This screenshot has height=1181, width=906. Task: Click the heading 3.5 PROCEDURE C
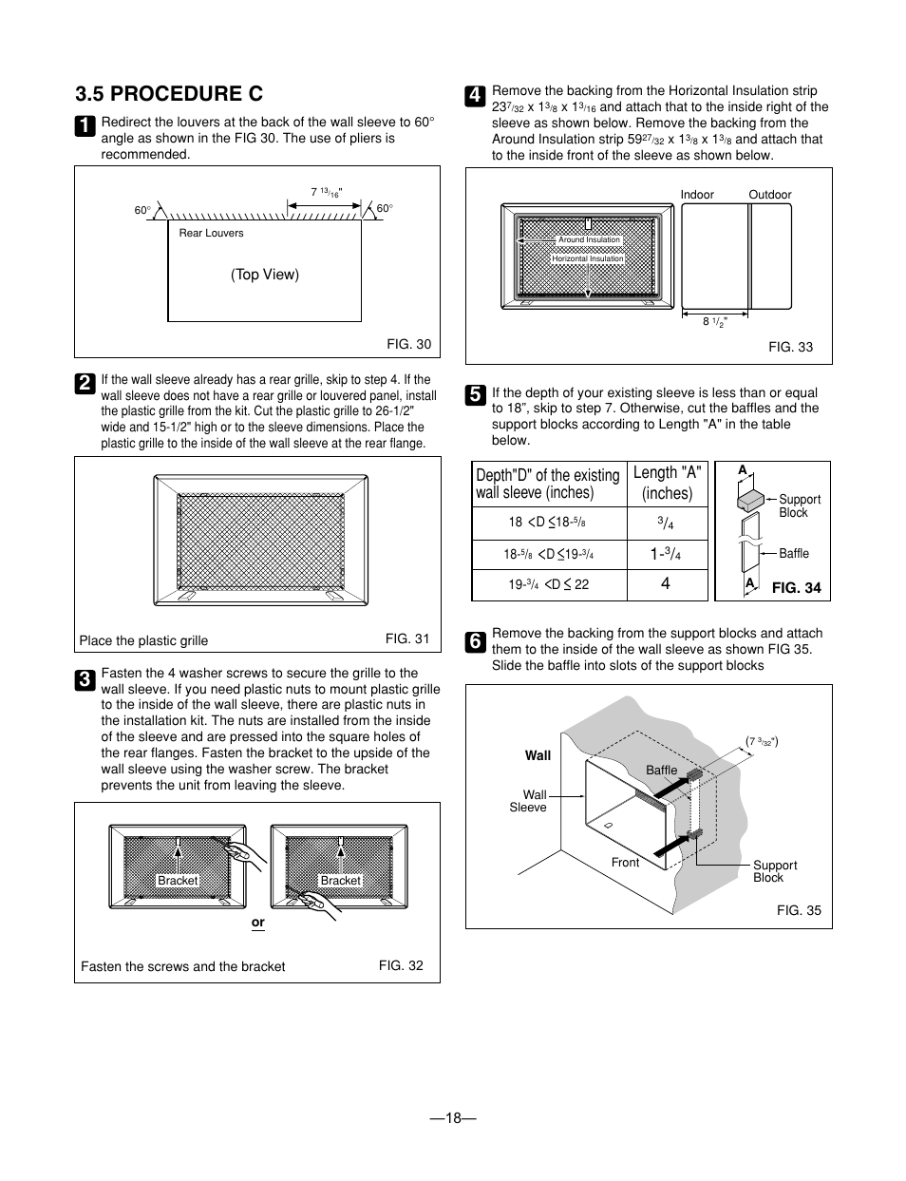pyautogui.click(x=169, y=93)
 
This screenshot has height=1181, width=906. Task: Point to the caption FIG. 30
pyautogui.click(x=408, y=344)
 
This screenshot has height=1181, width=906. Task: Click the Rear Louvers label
pyautogui.click(x=211, y=233)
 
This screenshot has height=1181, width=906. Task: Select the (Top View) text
pyautogui.click(x=264, y=275)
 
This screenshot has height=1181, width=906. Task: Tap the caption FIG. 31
pyautogui.click(x=407, y=638)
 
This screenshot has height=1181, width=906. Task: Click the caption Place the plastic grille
pyautogui.click(x=143, y=640)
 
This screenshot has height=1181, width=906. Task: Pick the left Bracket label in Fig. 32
pyautogui.click(x=178, y=881)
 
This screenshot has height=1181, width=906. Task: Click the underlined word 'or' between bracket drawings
pyautogui.click(x=257, y=923)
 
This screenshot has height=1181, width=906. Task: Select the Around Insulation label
pyautogui.click(x=589, y=240)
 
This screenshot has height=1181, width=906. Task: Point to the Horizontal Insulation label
pyautogui.click(x=588, y=258)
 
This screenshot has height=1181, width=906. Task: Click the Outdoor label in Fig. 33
pyautogui.click(x=769, y=195)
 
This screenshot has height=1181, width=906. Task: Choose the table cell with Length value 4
pyautogui.click(x=666, y=584)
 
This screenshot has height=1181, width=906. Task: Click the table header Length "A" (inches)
pyautogui.click(x=667, y=483)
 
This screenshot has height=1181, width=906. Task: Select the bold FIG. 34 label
pyautogui.click(x=796, y=588)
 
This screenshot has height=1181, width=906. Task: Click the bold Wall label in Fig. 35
pyautogui.click(x=538, y=755)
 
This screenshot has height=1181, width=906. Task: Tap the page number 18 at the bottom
pyautogui.click(x=452, y=1118)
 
